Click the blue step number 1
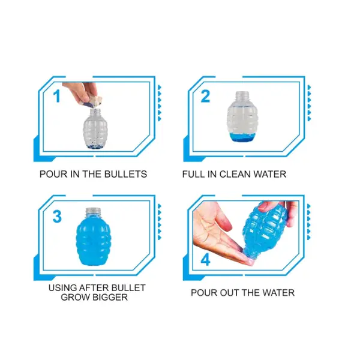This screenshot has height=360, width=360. pos(57,96)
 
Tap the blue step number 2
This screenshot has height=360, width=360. pos(205,96)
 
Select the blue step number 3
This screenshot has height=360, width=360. pos(57,217)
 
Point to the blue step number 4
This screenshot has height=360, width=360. pos(205,260)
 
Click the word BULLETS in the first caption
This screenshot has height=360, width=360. pos(125,174)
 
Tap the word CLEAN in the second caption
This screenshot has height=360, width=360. pos(235,174)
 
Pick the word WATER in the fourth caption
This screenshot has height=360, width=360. pos(278,293)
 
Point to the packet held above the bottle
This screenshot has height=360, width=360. pos(94,101)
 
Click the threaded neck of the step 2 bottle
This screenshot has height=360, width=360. pos(242,96)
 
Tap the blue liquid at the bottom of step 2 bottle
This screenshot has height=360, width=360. pos(242,137)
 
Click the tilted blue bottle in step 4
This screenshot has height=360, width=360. pos(264,230)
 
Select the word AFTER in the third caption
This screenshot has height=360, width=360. pos(91,287)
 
